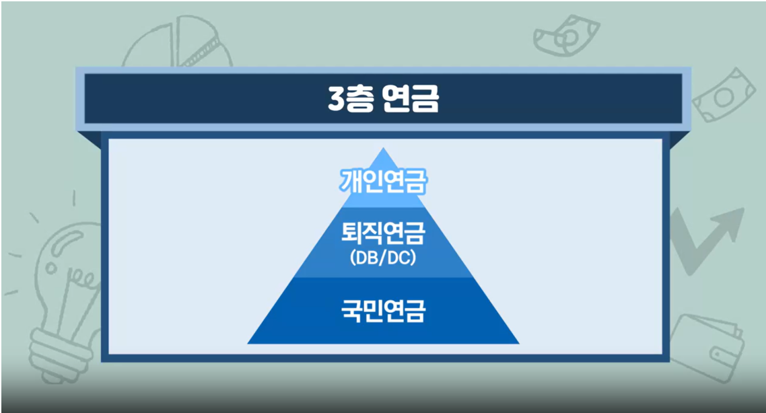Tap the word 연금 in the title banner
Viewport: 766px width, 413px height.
(x=411, y=98)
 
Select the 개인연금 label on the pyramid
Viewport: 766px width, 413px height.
(x=384, y=181)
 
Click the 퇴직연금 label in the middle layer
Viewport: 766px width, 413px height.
(x=384, y=233)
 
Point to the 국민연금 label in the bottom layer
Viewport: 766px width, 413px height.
(x=384, y=311)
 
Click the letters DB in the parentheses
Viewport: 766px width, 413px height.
(x=367, y=257)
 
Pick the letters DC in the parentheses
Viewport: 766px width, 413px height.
(x=398, y=257)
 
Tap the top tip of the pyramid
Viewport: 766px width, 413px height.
(x=384, y=148)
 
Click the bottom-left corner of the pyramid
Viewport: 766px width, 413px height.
(x=248, y=344)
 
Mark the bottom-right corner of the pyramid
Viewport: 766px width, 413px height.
(x=519, y=344)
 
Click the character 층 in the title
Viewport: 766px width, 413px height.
(x=360, y=98)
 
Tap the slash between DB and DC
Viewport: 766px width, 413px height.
(x=382, y=257)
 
